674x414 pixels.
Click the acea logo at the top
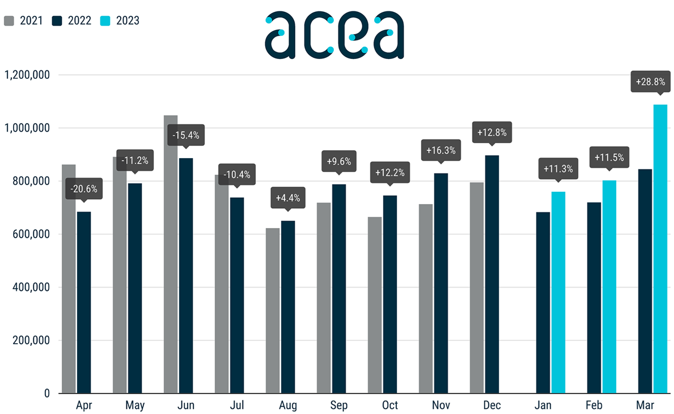pos(334,35)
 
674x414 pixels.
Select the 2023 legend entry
pos(120,21)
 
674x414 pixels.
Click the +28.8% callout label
pos(650,82)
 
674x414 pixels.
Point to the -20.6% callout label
pos(84,189)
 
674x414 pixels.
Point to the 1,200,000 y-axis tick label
pos(28,75)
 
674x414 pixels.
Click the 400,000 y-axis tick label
pos(32,288)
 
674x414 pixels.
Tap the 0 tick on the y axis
pos(46,394)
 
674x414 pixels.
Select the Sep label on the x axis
pos(339,405)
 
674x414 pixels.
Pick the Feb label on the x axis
pos(595,405)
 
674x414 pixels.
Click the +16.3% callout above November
pos(441,151)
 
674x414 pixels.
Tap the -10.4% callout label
pos(237,174)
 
